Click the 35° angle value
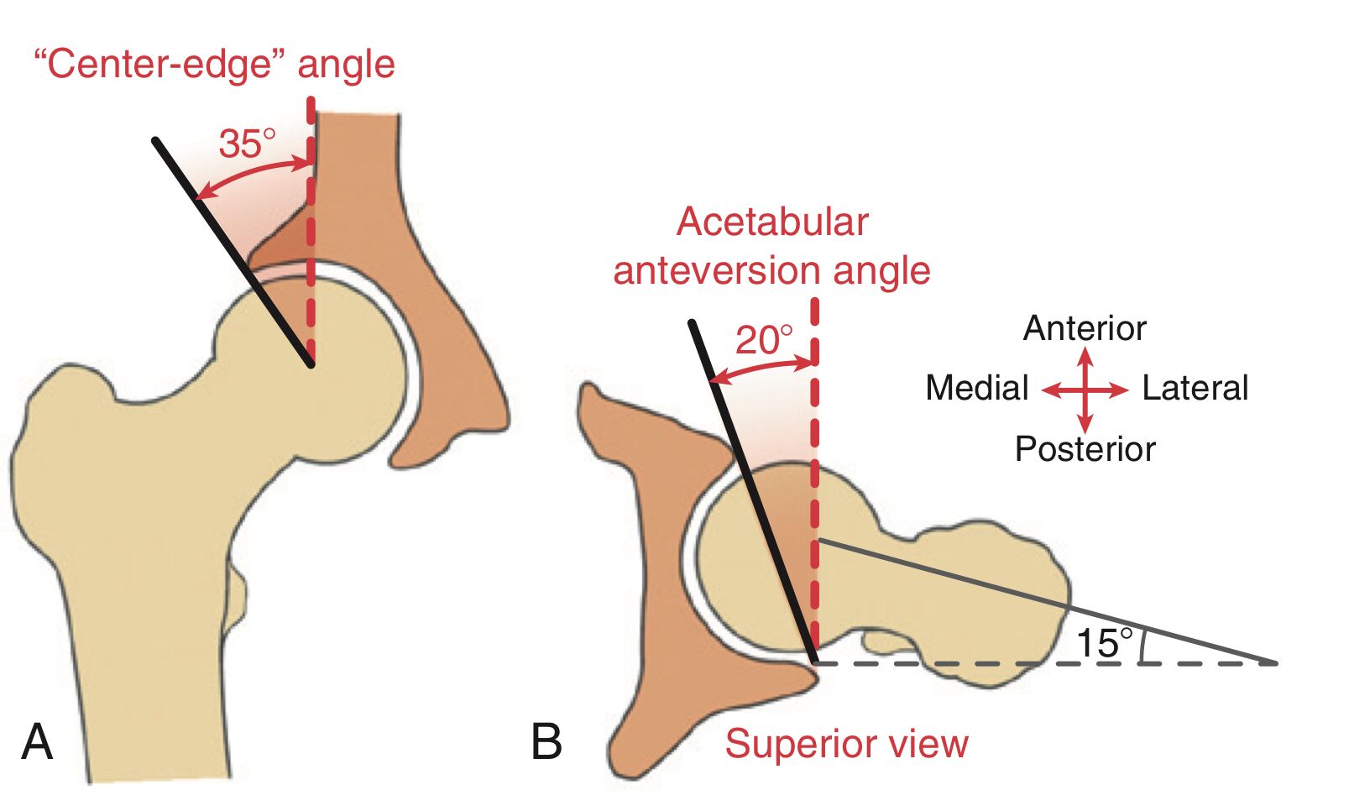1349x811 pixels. [x=246, y=144]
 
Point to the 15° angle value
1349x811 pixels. [x=1103, y=643]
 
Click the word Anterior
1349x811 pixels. [x=1084, y=328]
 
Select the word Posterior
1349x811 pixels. [x=1085, y=449]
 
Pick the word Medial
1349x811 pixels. [x=976, y=388]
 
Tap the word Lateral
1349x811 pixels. [x=1195, y=388]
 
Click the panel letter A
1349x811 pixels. [x=37, y=741]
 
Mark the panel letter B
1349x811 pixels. [x=546, y=741]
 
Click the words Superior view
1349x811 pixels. [x=846, y=744]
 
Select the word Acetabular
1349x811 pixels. [x=772, y=222]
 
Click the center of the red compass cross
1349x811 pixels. [x=1085, y=390]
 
